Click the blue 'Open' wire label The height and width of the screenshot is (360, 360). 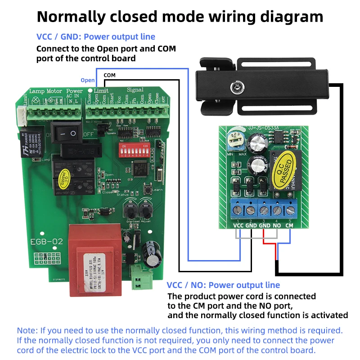[88, 81]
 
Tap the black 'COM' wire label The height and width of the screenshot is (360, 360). [109, 75]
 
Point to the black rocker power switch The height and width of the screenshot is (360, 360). [67, 133]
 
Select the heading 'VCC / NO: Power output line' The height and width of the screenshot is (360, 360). [223, 285]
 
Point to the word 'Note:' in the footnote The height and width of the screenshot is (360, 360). [27, 330]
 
